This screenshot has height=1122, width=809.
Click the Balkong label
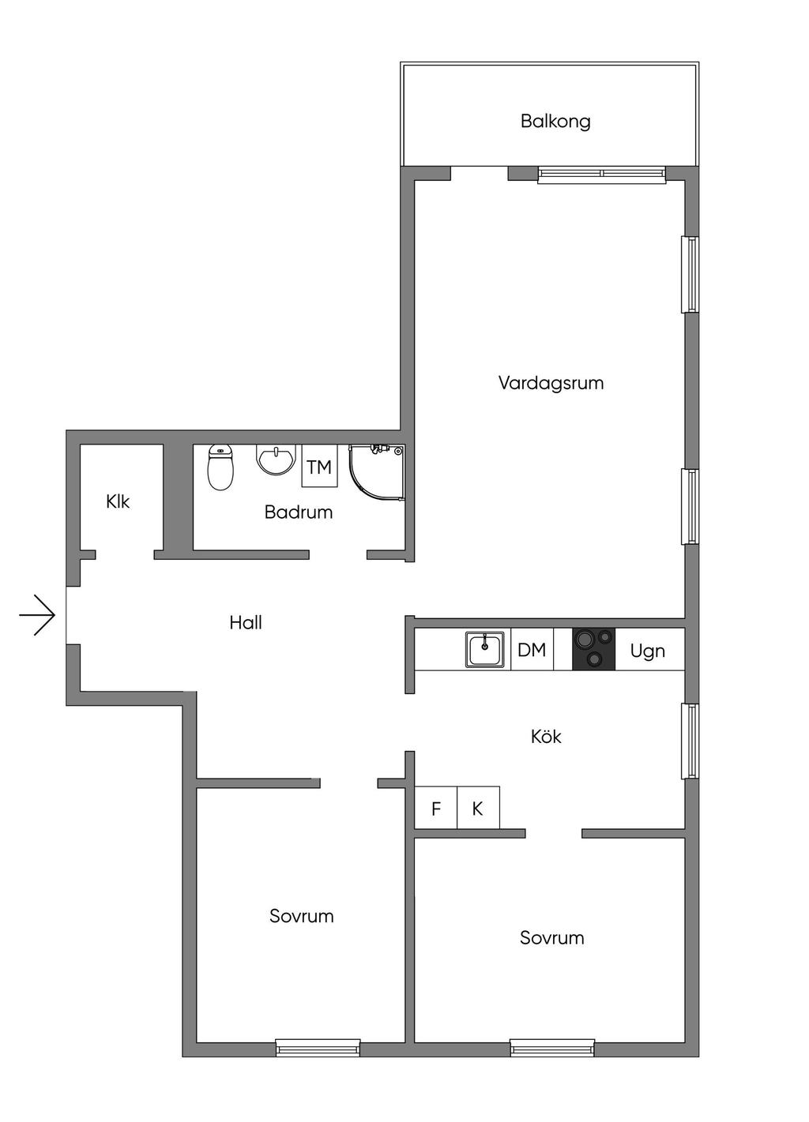555,122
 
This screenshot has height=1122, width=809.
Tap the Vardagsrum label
551,384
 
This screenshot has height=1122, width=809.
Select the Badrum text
299,512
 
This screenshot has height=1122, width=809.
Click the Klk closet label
118,501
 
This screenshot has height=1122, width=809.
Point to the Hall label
246,623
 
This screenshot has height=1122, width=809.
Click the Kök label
546,737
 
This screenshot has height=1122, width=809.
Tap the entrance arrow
37,614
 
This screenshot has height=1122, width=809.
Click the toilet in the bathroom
220,467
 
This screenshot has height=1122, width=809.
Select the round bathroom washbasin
276,460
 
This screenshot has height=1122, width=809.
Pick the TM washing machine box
319,467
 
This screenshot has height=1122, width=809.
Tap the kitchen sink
484,650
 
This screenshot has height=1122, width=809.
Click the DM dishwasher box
532,650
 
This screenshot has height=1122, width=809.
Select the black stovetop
593,649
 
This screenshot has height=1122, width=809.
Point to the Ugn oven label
648,651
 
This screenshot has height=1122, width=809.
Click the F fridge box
436,809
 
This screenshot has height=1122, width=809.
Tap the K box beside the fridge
478,809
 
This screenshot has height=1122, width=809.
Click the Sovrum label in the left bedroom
302,917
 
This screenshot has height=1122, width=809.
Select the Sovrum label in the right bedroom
552,938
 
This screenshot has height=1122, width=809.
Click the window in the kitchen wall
690,741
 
